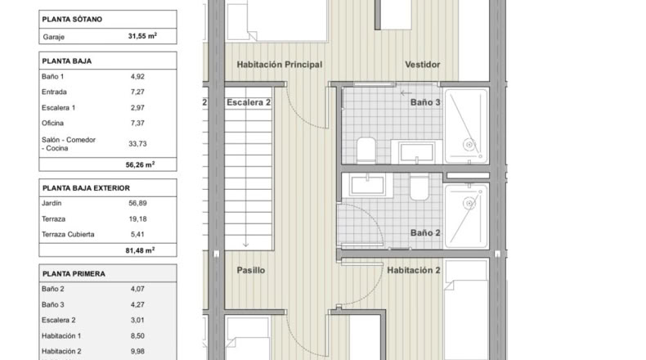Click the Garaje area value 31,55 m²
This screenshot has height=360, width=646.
coord(142,36)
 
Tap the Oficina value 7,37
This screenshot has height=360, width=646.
coord(137,123)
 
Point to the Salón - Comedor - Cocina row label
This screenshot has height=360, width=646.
coord(69,144)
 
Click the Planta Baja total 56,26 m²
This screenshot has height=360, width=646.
coord(140,164)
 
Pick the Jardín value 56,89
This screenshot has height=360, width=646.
coord(137,203)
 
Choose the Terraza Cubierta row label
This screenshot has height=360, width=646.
coord(68,234)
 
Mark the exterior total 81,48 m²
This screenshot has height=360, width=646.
coord(140,250)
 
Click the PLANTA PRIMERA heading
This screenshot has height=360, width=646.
coord(74,274)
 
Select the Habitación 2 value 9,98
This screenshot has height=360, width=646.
coord(137,351)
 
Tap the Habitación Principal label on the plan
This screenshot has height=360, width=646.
coord(280,65)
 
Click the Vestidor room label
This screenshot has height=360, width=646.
coord(422,65)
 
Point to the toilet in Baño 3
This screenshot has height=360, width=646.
coord(366,150)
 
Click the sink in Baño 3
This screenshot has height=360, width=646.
coord(416,151)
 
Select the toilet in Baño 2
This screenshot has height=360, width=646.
coord(419,187)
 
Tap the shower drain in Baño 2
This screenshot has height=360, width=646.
coord(469,203)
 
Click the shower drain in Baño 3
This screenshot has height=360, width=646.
coord(469,144)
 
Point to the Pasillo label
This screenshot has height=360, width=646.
coord(251,271)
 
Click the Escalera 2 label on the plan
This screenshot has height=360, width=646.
coord(249,102)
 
